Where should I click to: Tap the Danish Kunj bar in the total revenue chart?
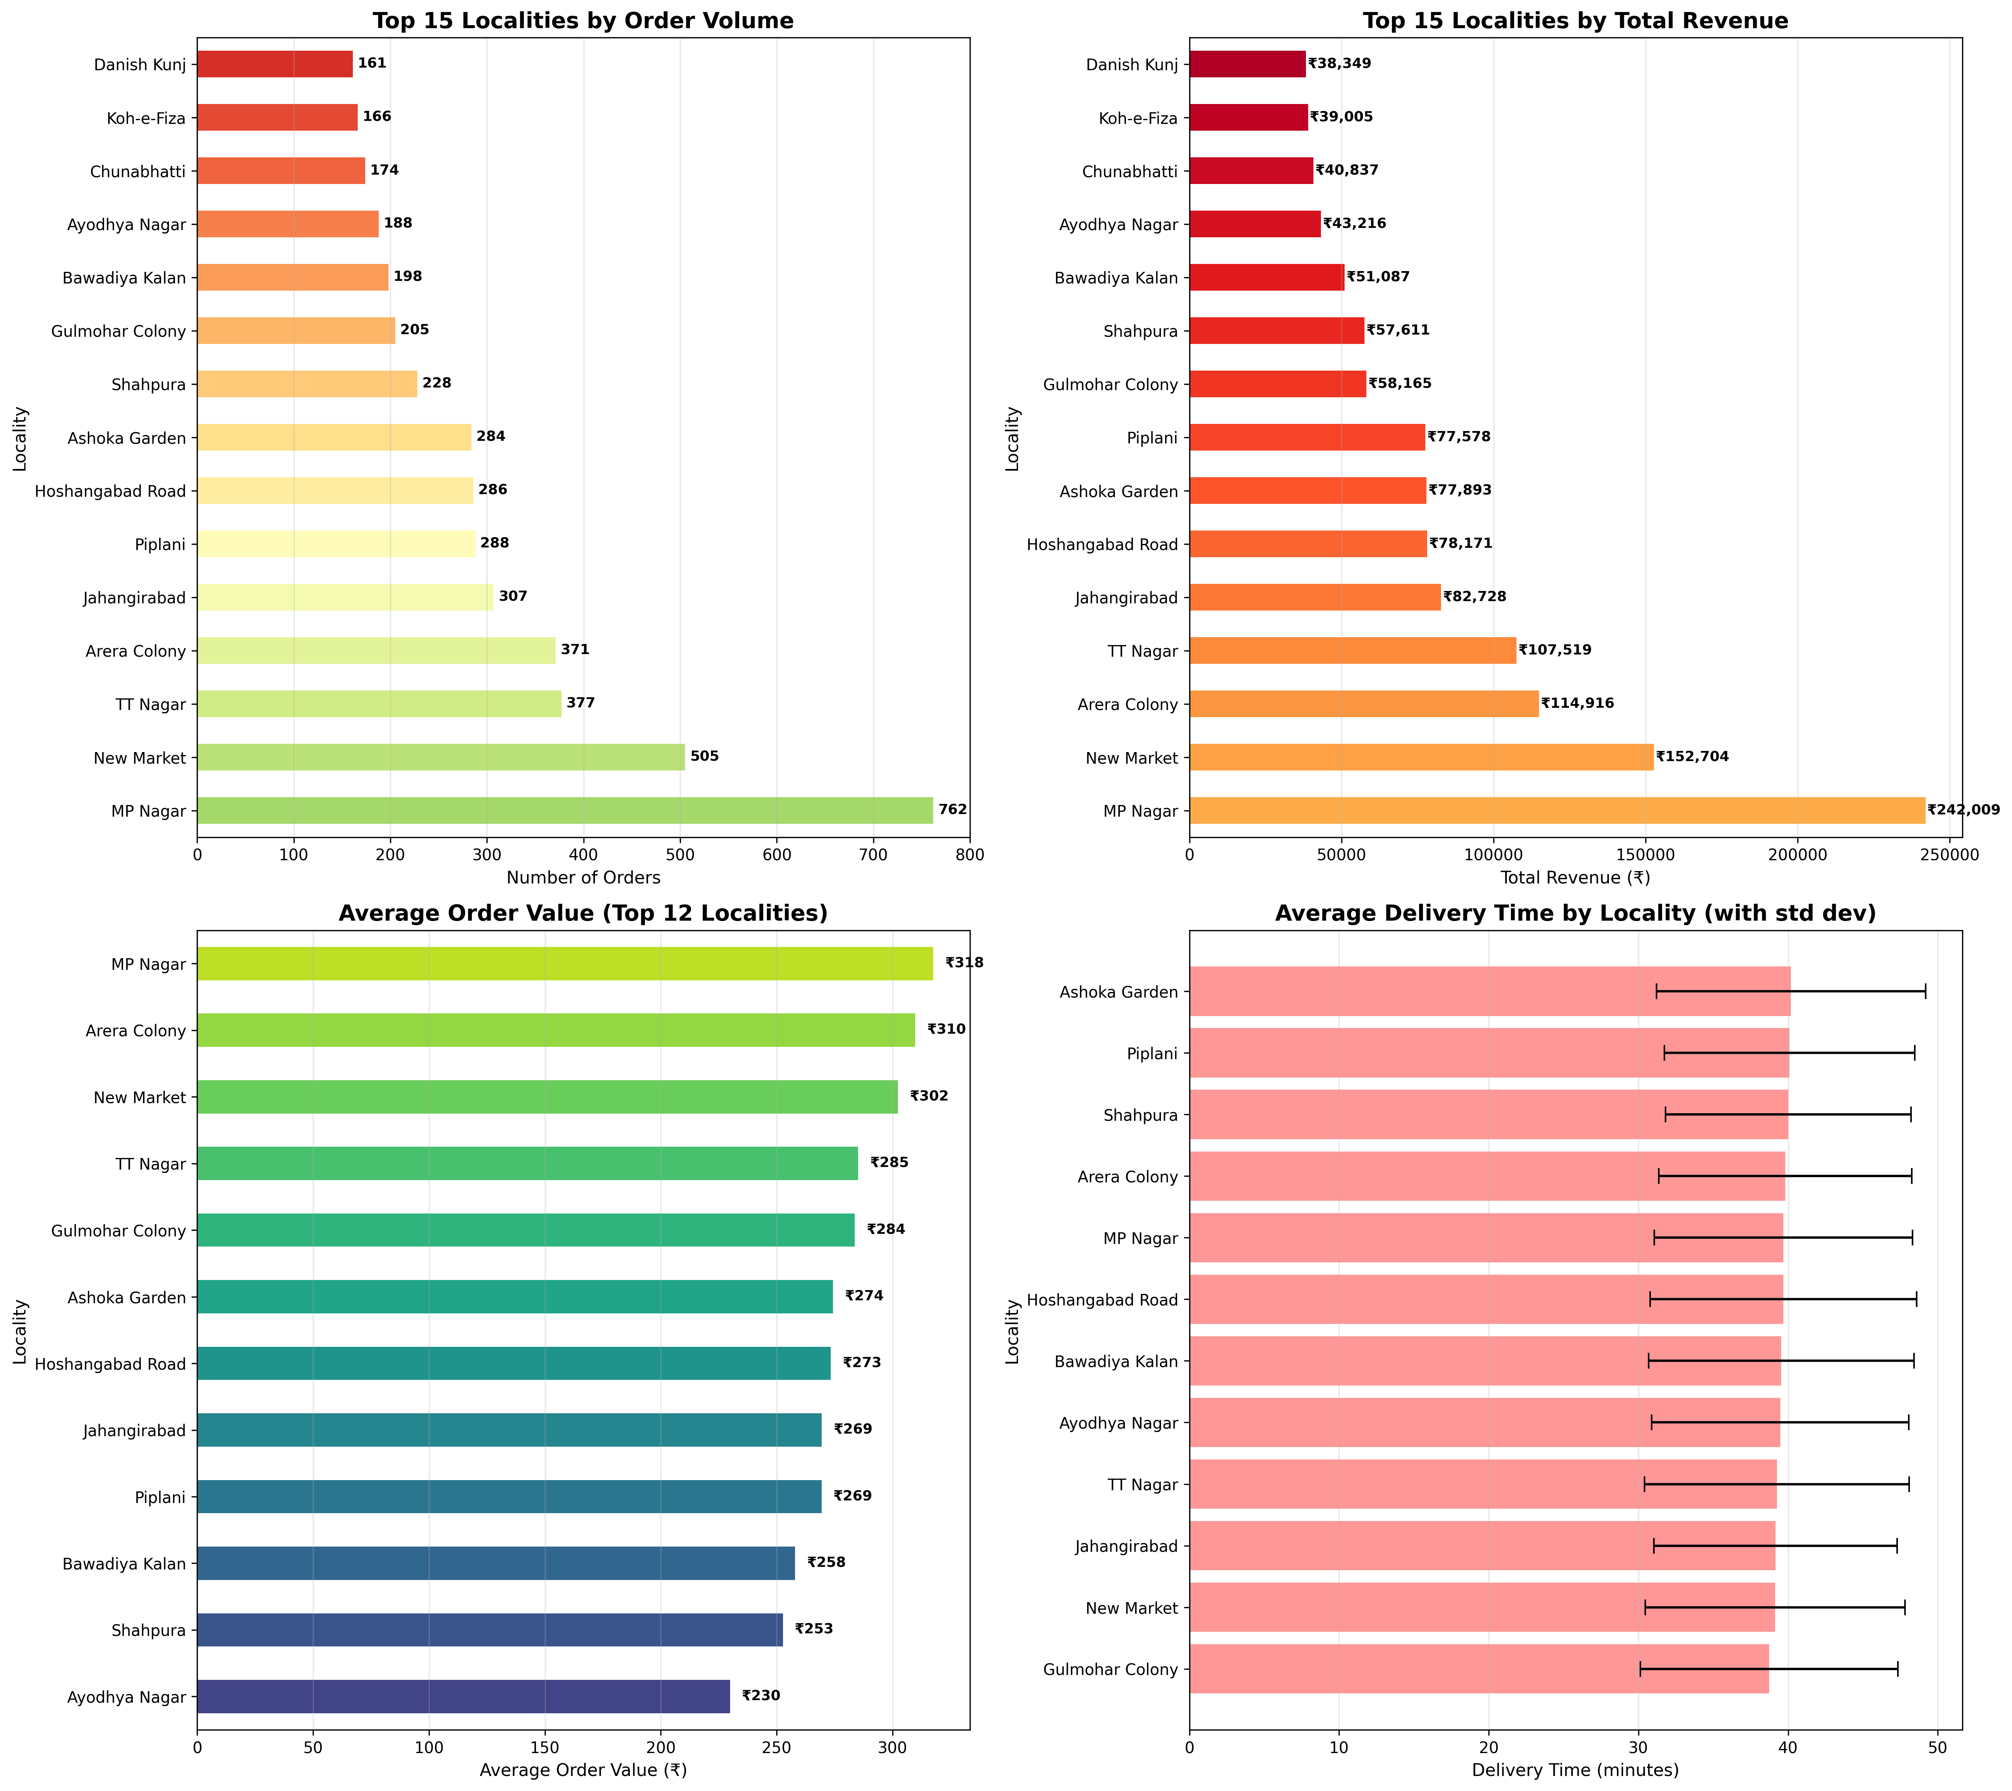(1247, 64)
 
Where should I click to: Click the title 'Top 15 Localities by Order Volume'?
(583, 21)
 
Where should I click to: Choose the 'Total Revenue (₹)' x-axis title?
(1575, 877)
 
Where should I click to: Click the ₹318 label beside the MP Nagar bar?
(964, 963)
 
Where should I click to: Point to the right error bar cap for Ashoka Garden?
(1925, 992)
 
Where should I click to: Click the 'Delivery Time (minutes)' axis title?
(1575, 1770)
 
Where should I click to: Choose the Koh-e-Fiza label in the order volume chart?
(147, 117)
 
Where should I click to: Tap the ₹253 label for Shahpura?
(813, 1628)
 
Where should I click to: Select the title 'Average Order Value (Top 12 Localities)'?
(583, 914)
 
